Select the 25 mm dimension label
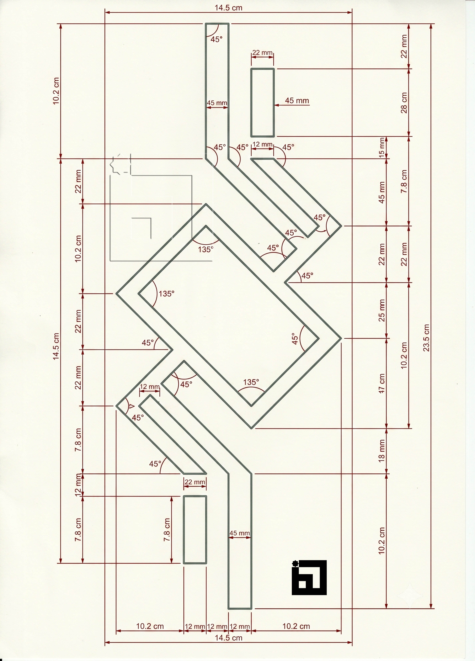coord(382,310)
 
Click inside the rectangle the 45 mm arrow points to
coord(263,103)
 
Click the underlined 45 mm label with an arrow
coord(297,101)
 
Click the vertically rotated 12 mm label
coord(77,485)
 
